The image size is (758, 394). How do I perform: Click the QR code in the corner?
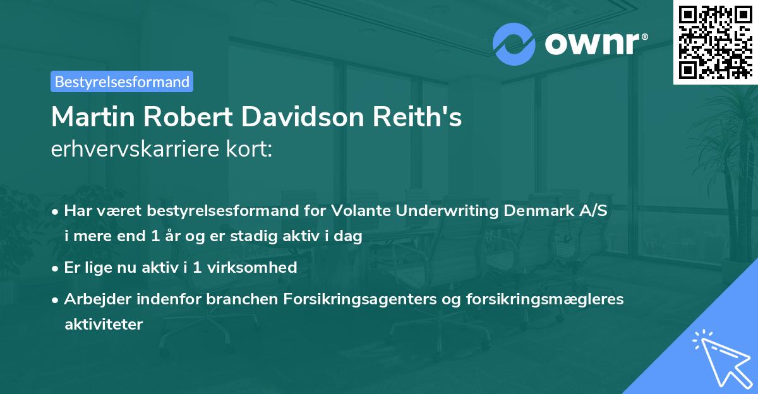(x=716, y=42)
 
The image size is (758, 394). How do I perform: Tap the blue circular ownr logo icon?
(x=514, y=44)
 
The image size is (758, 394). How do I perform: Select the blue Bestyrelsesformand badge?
(x=122, y=81)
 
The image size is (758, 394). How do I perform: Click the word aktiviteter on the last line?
(x=104, y=325)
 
